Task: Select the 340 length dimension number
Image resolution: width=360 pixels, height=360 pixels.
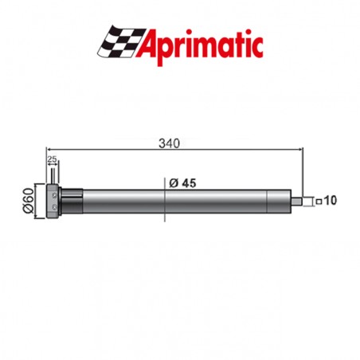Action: click(168, 143)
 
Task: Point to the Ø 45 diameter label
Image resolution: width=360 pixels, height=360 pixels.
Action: click(184, 182)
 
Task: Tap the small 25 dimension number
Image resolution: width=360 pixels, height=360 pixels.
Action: click(52, 160)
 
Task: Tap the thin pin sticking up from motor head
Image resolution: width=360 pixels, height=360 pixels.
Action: click(53, 176)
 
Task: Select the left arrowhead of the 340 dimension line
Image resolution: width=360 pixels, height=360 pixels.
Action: click(49, 150)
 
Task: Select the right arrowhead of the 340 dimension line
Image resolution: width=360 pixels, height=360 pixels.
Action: click(302, 150)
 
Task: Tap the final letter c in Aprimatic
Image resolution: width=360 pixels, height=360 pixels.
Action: click(257, 46)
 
